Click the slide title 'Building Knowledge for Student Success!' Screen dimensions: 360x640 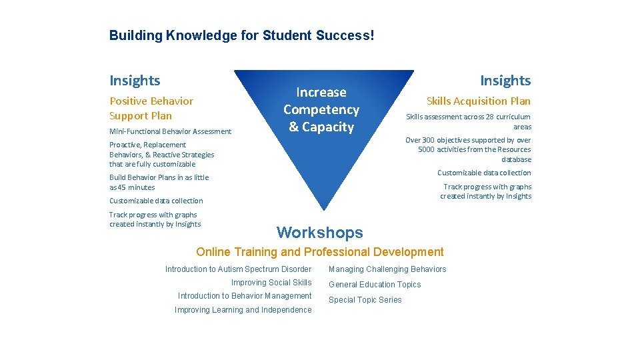241,35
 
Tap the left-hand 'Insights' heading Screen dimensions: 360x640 135,81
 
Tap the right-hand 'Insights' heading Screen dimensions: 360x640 505,81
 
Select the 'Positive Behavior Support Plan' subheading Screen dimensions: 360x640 151,108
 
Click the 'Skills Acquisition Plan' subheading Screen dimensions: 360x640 479,101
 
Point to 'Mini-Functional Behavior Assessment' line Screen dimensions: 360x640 170,131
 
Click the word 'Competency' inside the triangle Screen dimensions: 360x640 321,109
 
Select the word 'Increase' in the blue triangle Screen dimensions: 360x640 321,92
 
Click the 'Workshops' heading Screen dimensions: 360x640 320,233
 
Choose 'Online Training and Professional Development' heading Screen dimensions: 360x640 319,252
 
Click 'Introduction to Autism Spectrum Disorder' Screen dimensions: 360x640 238,269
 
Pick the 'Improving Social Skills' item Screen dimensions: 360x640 271,283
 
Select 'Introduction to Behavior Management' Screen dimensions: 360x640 245,296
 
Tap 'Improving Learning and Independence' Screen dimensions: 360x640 243,310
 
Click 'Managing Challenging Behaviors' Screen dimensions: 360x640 387,269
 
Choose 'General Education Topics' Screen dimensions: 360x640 375,285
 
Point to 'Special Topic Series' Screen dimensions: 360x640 365,300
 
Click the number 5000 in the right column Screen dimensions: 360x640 427,150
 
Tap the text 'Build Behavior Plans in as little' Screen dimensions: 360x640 159,177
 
